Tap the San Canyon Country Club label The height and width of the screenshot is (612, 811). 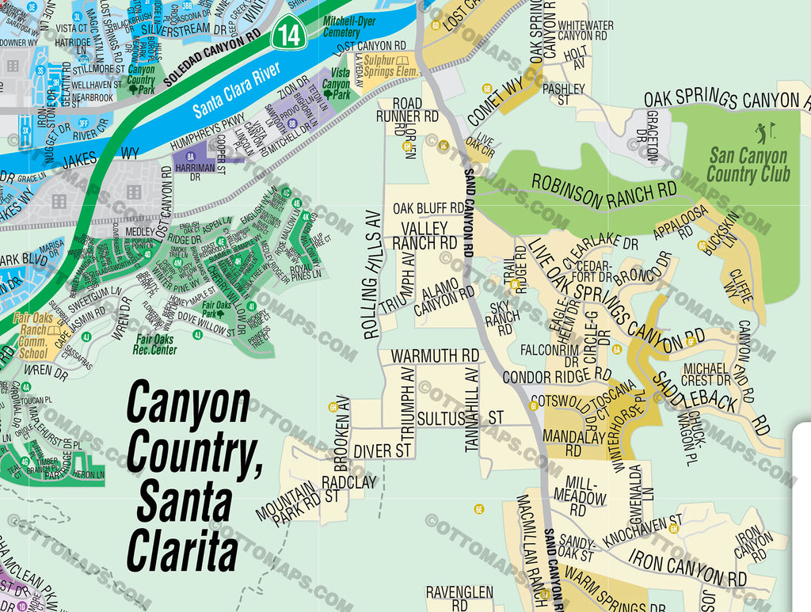click(748, 165)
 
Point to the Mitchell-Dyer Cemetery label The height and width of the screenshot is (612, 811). click(341, 28)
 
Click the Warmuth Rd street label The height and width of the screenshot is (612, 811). click(435, 355)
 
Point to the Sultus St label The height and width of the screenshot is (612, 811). click(460, 416)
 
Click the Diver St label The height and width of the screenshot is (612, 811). click(383, 450)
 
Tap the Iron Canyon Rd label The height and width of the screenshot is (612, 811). click(687, 568)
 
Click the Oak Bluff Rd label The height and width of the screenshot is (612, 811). click(428, 208)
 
